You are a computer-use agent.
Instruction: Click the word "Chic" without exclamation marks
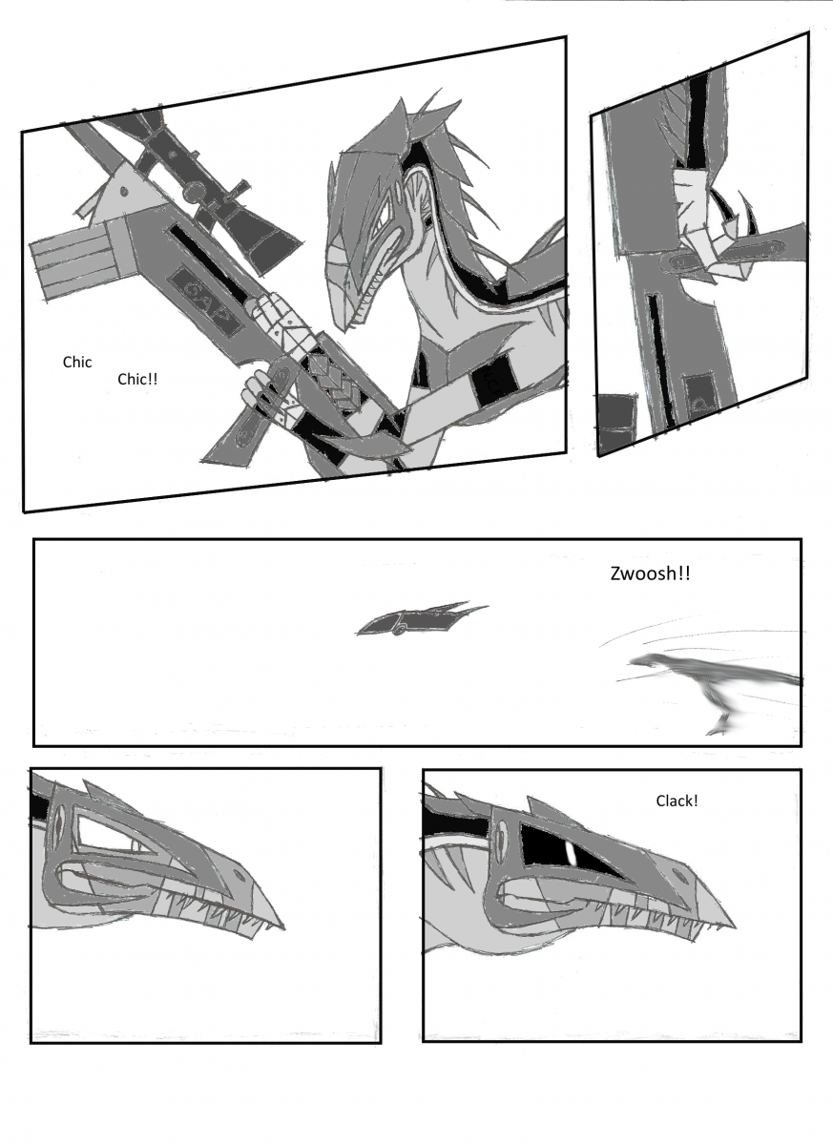pyautogui.click(x=77, y=362)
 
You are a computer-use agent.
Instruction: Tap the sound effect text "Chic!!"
pyautogui.click(x=137, y=379)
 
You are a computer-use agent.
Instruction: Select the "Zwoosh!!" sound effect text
pyautogui.click(x=650, y=573)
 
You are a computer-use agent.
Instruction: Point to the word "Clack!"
pyautogui.click(x=677, y=801)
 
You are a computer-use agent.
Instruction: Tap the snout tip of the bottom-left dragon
pyautogui.click(x=284, y=928)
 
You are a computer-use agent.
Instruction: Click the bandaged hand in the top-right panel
pyautogui.click(x=700, y=225)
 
